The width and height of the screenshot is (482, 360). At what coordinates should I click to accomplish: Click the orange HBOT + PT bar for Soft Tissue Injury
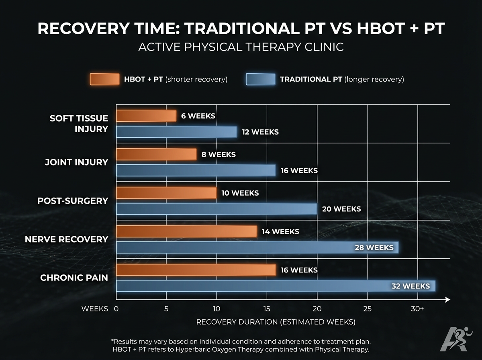pyautogui.click(x=146, y=116)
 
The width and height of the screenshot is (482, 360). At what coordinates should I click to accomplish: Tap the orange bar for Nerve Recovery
pyautogui.click(x=186, y=231)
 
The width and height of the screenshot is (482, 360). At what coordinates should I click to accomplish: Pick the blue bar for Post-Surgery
pyautogui.click(x=217, y=209)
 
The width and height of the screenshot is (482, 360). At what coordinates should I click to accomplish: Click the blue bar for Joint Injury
pyautogui.click(x=196, y=170)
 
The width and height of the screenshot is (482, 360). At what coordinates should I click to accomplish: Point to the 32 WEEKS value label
pyautogui.click(x=411, y=286)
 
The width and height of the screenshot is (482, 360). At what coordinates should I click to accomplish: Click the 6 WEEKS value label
pyautogui.click(x=198, y=116)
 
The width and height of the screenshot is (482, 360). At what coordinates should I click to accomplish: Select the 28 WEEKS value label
pyautogui.click(x=374, y=247)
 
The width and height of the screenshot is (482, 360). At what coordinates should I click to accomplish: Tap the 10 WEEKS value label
pyautogui.click(x=240, y=193)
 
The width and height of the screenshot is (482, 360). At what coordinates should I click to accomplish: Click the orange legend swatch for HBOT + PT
pyautogui.click(x=104, y=79)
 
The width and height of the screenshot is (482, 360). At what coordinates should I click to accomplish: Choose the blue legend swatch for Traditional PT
pyautogui.click(x=260, y=79)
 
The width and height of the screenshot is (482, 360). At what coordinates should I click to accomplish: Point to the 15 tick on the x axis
pyautogui.click(x=267, y=309)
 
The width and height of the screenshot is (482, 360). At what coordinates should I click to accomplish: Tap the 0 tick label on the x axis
pyautogui.click(x=116, y=309)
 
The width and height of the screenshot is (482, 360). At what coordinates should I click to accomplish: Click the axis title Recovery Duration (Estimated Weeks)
pyautogui.click(x=276, y=322)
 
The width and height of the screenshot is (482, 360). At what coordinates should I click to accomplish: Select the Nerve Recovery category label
pyautogui.click(x=66, y=239)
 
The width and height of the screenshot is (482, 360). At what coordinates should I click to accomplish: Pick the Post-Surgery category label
pyautogui.click(x=73, y=200)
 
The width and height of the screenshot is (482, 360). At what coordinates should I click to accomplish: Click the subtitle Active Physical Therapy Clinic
pyautogui.click(x=241, y=47)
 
